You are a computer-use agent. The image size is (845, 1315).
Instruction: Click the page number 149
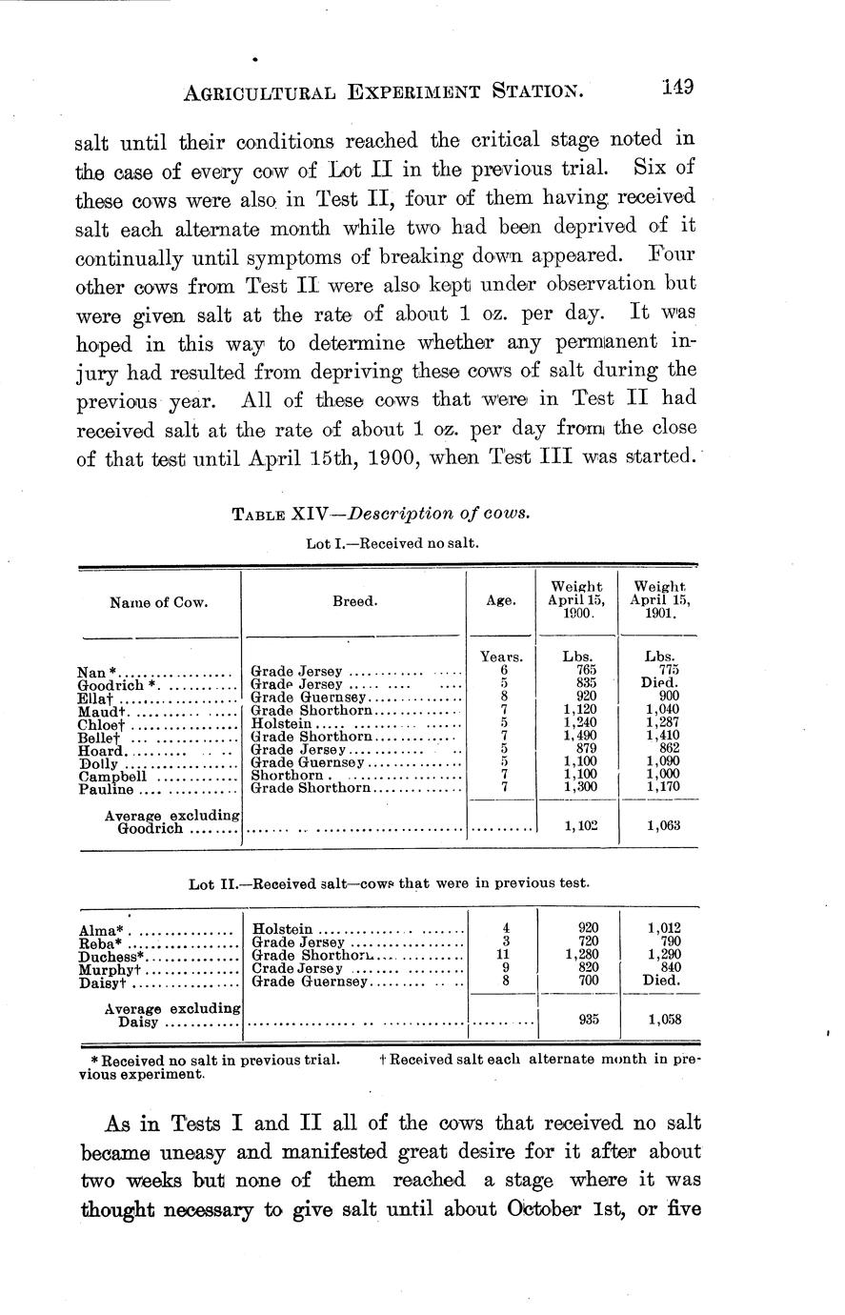tap(677, 88)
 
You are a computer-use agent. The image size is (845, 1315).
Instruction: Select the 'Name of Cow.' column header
tap(159, 602)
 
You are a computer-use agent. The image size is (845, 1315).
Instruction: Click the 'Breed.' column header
tap(354, 602)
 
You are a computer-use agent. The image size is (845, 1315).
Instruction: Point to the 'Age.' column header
tap(501, 601)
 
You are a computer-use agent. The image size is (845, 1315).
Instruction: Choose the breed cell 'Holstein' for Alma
tap(282, 928)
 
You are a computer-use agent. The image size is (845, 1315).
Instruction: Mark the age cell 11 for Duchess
tap(504, 954)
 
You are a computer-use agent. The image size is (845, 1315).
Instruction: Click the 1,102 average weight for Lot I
tap(580, 826)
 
